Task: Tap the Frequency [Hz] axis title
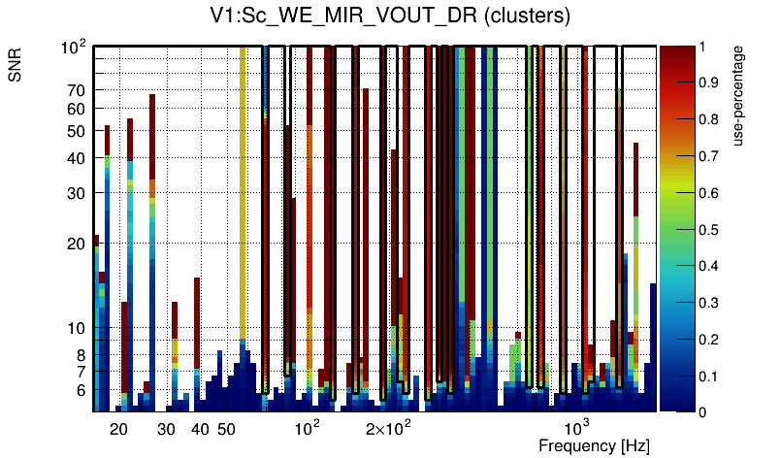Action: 594,445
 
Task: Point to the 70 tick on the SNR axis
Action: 77,90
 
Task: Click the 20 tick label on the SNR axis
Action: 77,244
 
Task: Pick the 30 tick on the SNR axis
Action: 77,193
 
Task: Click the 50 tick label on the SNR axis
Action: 77,131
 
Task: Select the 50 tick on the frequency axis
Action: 226,428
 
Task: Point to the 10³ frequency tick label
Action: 577,428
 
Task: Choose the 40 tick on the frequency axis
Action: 200,428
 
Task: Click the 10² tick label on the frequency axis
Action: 308,428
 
